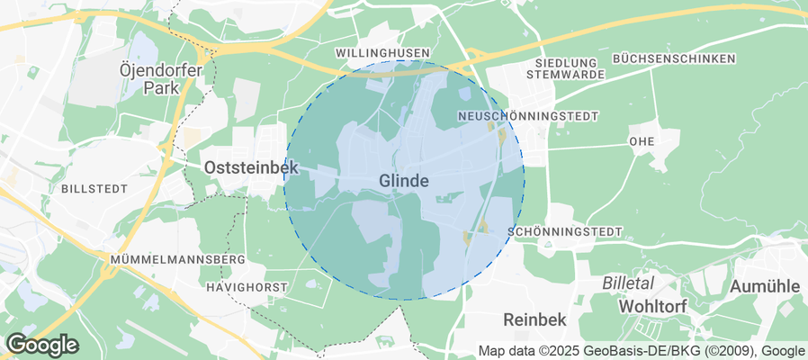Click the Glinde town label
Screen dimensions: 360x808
pyautogui.click(x=403, y=181)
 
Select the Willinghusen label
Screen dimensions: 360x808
pyautogui.click(x=382, y=54)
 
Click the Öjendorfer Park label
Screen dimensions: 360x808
pyautogui.click(x=150, y=79)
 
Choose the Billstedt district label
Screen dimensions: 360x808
pyautogui.click(x=94, y=189)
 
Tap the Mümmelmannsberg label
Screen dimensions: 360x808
pyautogui.click(x=177, y=259)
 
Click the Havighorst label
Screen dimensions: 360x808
pyautogui.click(x=247, y=287)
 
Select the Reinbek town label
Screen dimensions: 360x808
pyautogui.click(x=534, y=320)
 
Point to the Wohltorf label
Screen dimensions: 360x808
pyautogui.click(x=652, y=307)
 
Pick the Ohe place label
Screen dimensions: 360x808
pyautogui.click(x=642, y=141)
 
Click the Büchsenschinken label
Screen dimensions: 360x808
pyautogui.click(x=674, y=58)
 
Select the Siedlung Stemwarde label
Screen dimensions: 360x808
pyautogui.click(x=561, y=67)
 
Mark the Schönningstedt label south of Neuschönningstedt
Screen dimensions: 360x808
pyautogui.click(x=565, y=232)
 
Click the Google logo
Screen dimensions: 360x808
pyautogui.click(x=41, y=345)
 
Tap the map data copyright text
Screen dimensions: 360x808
pyautogui.click(x=642, y=351)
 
